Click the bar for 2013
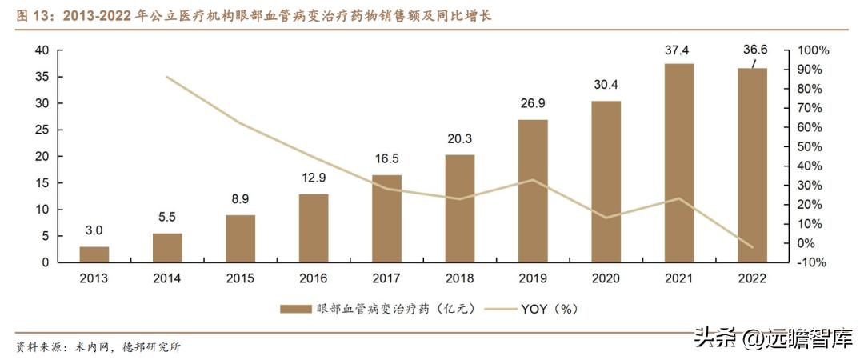94,254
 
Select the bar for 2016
314,228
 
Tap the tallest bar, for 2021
679,162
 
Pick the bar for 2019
533,190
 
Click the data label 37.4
678,50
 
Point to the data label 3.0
94,231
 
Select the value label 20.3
460,139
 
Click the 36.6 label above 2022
753,50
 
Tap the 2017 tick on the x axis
387,278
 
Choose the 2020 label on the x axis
606,278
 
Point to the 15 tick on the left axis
42,183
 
